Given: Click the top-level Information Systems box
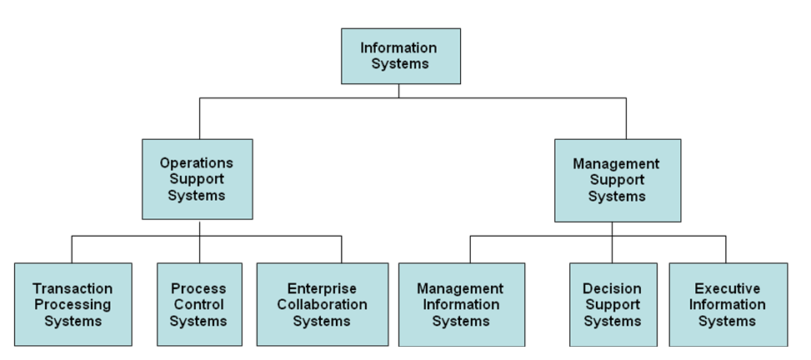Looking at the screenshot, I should (398, 56).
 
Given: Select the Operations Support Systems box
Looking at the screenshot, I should (197, 179).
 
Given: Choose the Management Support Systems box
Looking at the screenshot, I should (617, 180).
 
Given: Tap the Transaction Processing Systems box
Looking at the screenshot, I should (73, 304).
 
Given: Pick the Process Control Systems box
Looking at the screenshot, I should (199, 304).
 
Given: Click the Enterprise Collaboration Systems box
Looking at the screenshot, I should (322, 304).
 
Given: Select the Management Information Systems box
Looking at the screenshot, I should (461, 304).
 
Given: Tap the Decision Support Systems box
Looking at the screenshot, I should (612, 304).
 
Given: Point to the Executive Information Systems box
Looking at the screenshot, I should (727, 304).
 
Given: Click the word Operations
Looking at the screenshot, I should (197, 162).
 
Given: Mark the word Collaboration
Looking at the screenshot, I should (322, 304).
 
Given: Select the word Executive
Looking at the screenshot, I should (727, 288).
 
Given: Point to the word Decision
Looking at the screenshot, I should (612, 288).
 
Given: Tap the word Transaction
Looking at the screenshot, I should (73, 288).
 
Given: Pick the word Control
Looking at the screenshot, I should (199, 304).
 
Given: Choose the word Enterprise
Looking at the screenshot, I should (322, 288).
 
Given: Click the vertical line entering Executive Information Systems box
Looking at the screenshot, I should (725, 249).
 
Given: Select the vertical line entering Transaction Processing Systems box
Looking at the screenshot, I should (72, 249).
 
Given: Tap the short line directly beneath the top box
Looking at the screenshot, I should (398, 90).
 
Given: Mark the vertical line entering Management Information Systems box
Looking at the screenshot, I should (470, 249).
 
